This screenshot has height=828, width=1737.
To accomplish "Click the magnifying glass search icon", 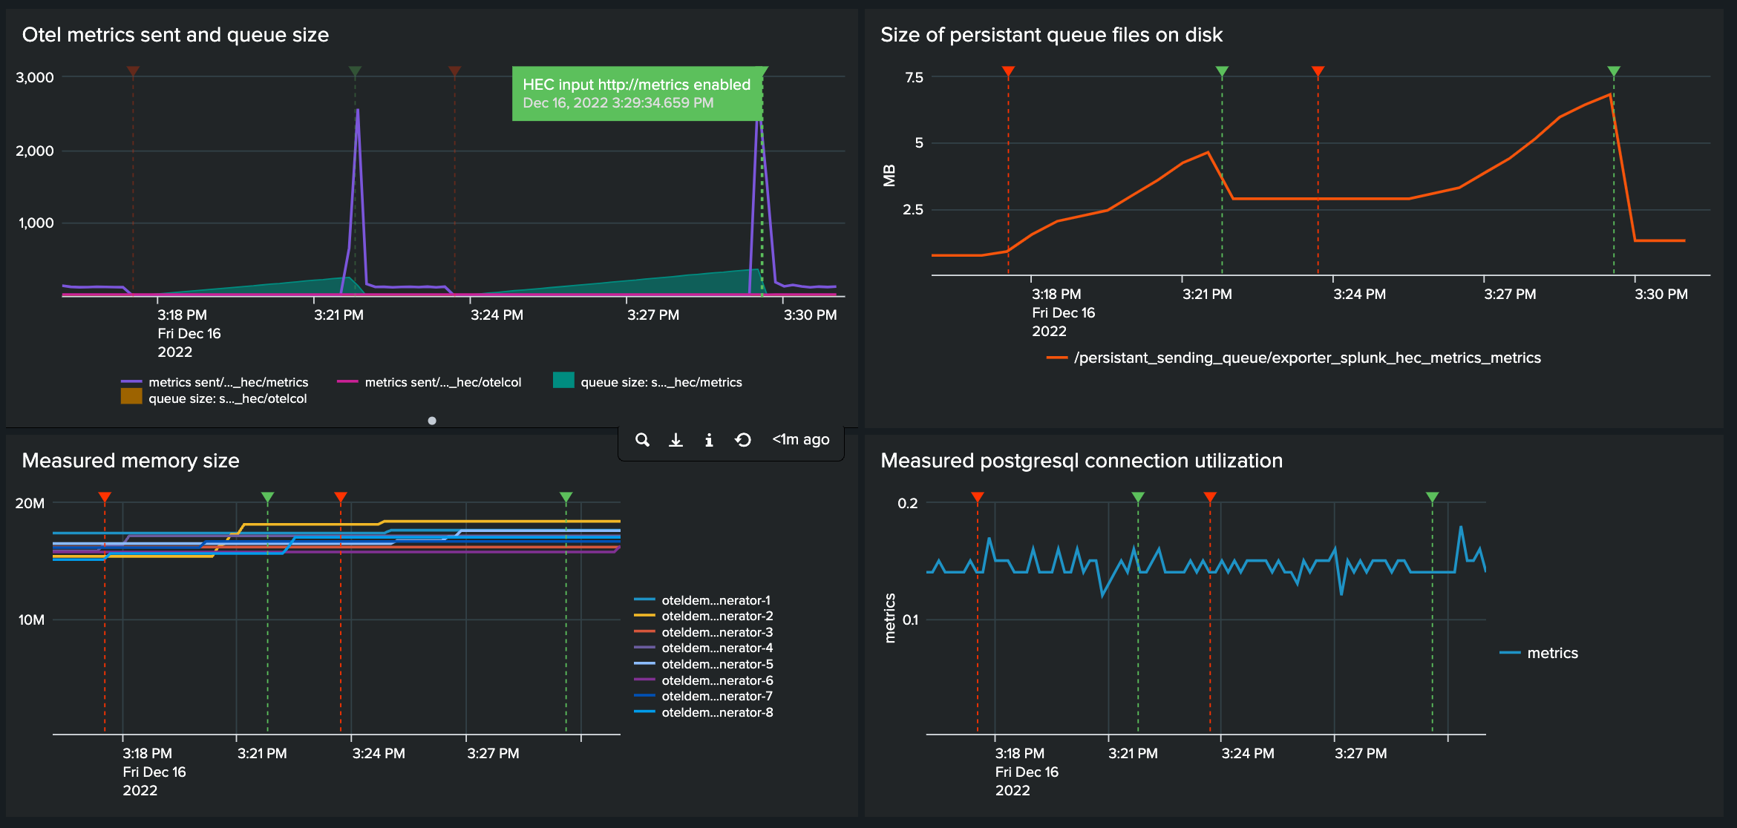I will point(642,440).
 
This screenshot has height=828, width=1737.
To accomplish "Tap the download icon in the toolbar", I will point(675,440).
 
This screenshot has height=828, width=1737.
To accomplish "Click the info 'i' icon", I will point(709,440).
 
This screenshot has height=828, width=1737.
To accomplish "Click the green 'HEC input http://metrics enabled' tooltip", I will point(636,93).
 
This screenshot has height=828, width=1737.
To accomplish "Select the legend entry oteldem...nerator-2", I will point(717,616).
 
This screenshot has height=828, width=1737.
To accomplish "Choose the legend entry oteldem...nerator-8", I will point(717,712).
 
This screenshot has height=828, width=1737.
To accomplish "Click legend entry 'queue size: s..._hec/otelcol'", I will point(227,398).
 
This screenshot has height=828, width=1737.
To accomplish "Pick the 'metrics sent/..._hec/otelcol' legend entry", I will point(442,382).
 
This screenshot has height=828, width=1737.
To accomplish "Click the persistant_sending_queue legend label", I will point(1306,358).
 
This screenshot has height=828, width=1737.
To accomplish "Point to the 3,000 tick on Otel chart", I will point(35,77).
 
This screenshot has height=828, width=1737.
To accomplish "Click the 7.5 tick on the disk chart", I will point(914,77).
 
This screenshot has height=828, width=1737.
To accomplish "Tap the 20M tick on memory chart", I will point(30,503).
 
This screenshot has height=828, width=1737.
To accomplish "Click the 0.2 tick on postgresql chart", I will point(907,503).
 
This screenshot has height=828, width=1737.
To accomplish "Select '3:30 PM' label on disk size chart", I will point(1661,294).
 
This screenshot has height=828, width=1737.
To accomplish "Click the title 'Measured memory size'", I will point(131,461).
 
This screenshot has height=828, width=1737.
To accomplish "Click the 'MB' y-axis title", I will point(889,176).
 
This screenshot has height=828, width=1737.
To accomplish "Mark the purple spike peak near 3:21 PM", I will point(358,110).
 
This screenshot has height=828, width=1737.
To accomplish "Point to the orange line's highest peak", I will point(1610,94).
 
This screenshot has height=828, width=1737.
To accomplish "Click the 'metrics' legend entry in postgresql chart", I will point(1551,653).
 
